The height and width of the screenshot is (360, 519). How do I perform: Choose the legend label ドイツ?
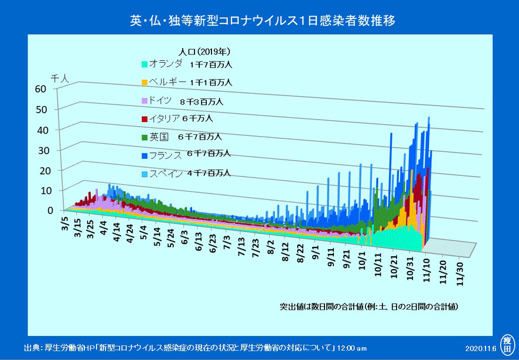point(161,100)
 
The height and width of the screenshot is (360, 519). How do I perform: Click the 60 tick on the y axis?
point(40,89)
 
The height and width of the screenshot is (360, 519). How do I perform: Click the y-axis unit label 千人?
point(60,77)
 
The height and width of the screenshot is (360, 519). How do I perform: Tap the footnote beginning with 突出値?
point(368,307)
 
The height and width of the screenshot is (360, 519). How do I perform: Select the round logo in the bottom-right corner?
point(507,343)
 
